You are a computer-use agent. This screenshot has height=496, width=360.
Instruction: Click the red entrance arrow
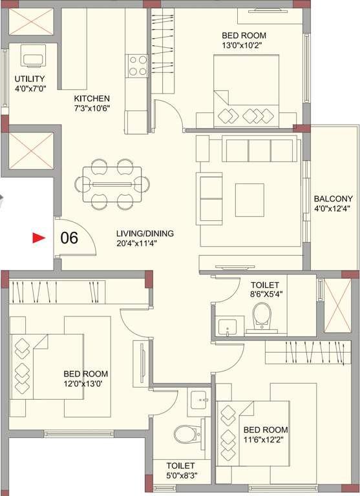pos(39,238)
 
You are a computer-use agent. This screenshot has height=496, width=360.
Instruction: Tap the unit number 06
pos(69,238)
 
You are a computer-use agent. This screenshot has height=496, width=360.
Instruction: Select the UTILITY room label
pos(29,79)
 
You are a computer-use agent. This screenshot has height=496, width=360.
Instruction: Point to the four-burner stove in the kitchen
pos(138,65)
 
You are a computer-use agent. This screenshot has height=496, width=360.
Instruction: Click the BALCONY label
pos(333,198)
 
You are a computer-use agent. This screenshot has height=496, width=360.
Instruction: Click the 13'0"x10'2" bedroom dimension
pos(244,46)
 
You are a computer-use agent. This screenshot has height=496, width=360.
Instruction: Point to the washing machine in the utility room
pos(32,57)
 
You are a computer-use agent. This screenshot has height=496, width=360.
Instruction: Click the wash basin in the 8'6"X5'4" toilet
pos(227,327)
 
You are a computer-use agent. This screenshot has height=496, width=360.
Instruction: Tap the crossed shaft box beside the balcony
pos(336,304)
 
